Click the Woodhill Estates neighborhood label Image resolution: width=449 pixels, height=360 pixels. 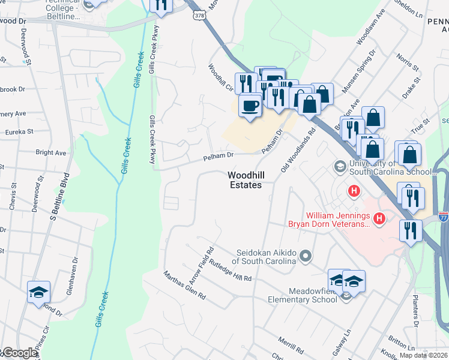tap(245, 180)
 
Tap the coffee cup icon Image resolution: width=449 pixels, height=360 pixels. tap(250, 106)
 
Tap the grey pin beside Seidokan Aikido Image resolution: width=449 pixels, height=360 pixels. tap(306, 257)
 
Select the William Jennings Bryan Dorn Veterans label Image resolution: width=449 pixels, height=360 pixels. tap(338, 220)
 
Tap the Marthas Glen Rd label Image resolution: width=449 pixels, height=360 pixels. tap(184, 286)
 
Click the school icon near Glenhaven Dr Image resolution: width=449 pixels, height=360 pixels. tap(39, 292)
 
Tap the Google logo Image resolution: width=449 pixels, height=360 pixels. tap(19, 353)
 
